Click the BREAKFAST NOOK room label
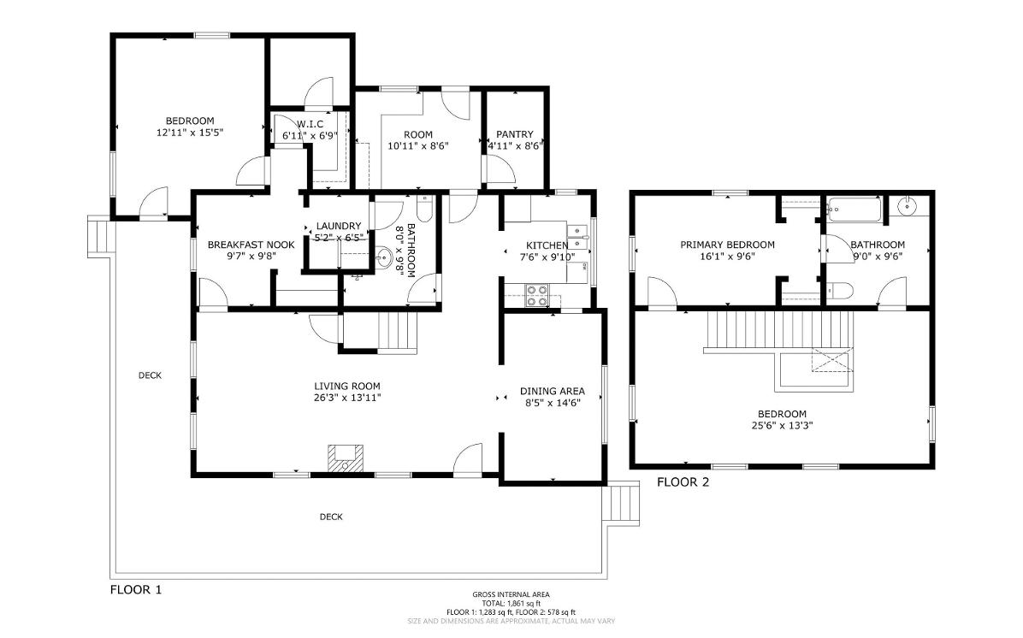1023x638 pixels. (x=251, y=245)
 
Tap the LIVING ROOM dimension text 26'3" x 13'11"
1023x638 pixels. (x=347, y=398)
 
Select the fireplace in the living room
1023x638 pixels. (x=345, y=458)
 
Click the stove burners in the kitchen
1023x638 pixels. (x=538, y=295)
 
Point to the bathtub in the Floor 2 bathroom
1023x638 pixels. (x=854, y=210)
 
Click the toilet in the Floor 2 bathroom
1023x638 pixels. (x=839, y=290)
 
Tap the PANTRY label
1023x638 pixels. (x=515, y=134)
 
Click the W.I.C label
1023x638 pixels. (x=310, y=124)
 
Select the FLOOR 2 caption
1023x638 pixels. (x=683, y=482)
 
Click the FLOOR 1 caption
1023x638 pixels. (x=136, y=590)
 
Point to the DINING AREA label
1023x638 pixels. (x=553, y=392)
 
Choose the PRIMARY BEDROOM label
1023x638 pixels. (x=727, y=245)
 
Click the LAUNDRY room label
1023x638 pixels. (x=339, y=227)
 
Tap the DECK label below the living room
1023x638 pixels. (x=331, y=517)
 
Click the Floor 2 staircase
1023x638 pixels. (x=780, y=332)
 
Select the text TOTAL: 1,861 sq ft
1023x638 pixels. (x=511, y=604)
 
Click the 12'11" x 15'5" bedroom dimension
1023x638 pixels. (x=190, y=133)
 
